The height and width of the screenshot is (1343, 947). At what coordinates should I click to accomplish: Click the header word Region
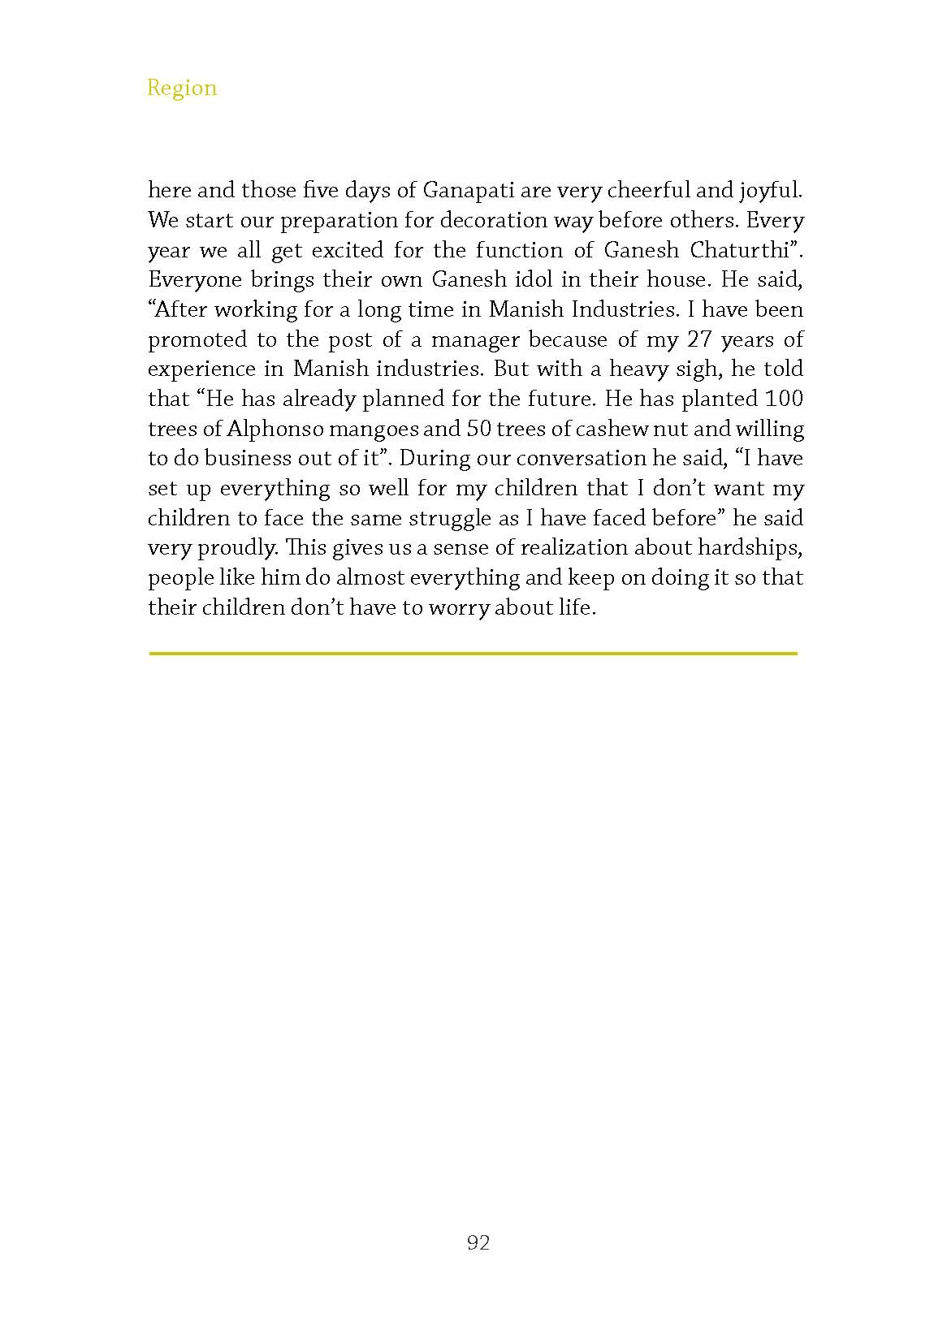182,88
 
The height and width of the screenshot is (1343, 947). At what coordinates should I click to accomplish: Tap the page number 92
478,1242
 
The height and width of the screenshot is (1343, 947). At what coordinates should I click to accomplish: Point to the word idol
533,280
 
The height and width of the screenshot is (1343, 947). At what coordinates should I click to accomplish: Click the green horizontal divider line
473,652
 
